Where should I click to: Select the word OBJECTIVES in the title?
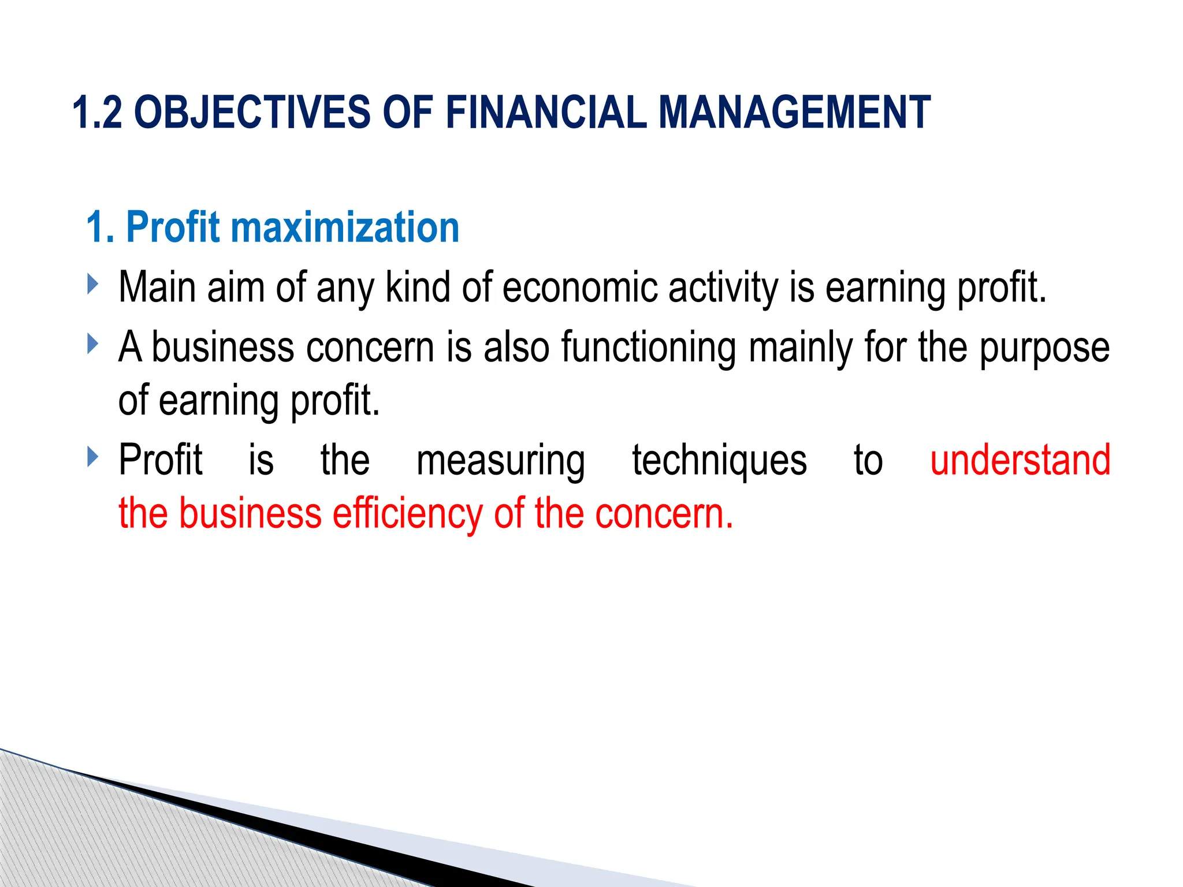pyautogui.click(x=252, y=112)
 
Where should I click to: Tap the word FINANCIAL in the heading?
pyautogui.click(x=546, y=112)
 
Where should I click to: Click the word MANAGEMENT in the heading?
pyautogui.click(x=794, y=112)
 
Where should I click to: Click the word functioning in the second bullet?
pyautogui.click(x=648, y=348)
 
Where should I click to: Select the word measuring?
pyautogui.click(x=501, y=461)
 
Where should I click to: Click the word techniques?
pyautogui.click(x=719, y=461)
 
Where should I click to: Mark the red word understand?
pyautogui.click(x=1020, y=461)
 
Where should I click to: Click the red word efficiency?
pyautogui.click(x=407, y=514)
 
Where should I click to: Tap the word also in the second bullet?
pyautogui.click(x=516, y=348)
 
